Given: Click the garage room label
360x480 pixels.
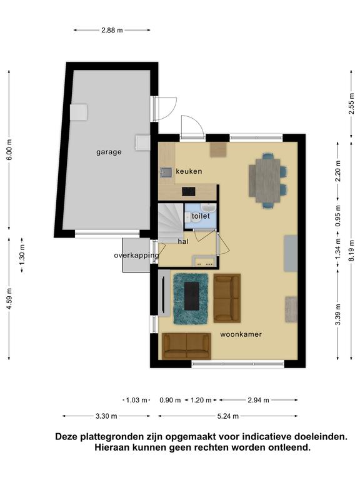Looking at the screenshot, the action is coord(109,152).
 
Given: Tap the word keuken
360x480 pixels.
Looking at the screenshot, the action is coord(189,171).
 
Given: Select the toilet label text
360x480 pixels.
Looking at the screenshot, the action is coord(201,216).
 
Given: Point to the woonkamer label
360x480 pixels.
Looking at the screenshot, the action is coord(241,334).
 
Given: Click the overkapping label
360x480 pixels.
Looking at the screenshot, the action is coord(136,255).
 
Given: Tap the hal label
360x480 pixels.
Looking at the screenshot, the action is coord(183,241).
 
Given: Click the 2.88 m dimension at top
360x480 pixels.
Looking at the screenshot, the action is coord(112,30).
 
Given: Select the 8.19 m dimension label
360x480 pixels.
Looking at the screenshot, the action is coord(352,251).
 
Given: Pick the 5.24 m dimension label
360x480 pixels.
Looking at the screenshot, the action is coord(227,416).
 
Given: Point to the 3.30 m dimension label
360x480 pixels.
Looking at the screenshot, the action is coord(106,416).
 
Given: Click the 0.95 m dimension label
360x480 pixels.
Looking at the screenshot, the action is coord(337,216).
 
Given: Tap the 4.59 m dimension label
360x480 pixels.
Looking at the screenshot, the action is coord(9,299).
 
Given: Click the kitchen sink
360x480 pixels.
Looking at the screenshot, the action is coord(166,172).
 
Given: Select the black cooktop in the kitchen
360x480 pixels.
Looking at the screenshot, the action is coord(188,191).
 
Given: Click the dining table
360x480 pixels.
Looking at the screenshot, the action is coord(264,181).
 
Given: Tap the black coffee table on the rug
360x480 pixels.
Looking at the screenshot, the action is coord(192,296).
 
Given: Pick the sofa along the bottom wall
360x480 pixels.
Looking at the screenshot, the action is coord(186,346).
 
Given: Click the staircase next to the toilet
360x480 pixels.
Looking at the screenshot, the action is coord(170,222).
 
